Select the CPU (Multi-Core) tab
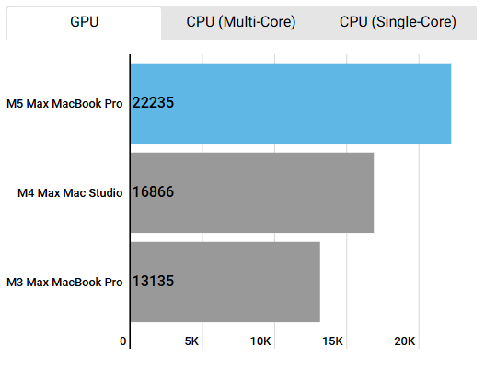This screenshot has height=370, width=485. point(241,23)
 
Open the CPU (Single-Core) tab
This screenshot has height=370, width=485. point(398,23)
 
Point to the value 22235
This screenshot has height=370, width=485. point(153,103)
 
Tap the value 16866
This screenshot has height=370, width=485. point(153,192)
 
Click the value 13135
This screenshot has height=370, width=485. point(153,282)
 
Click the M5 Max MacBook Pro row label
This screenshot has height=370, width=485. point(64,103)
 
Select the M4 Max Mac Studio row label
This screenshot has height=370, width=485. point(71,192)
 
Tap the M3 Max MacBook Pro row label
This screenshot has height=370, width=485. point(64,282)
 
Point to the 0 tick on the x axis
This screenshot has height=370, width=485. point(123,341)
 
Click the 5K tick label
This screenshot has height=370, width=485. point(191,341)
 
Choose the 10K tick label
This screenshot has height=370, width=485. point(260,341)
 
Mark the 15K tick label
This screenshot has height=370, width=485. point(333,341)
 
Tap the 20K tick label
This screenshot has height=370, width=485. point(405,341)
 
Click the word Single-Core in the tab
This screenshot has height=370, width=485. point(421,23)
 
